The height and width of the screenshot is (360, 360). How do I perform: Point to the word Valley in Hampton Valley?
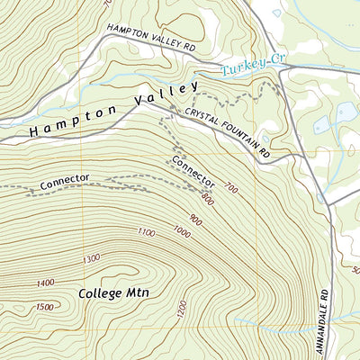166,93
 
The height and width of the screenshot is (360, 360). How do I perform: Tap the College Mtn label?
112,293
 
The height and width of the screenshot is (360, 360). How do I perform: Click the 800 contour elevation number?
209,198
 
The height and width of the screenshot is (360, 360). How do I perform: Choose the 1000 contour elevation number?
183,232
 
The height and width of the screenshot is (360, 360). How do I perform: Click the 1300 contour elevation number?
91,259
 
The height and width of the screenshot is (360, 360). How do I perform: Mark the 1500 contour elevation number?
45,307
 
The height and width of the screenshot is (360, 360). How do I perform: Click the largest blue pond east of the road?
345,113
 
